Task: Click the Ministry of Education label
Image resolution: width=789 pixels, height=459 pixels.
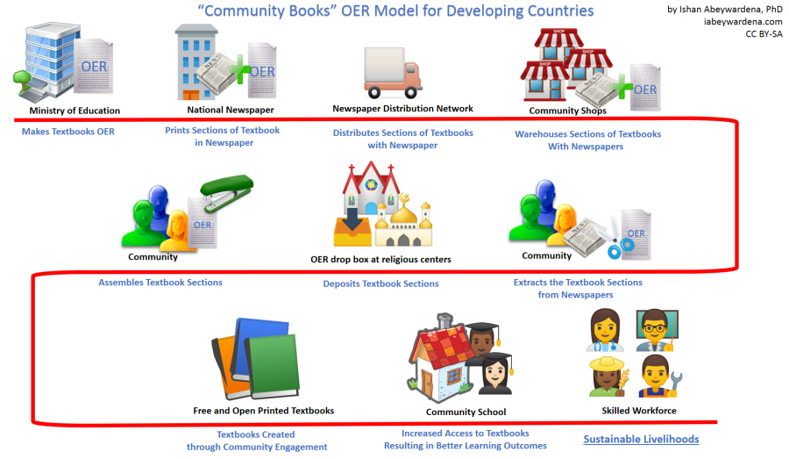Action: pyautogui.click(x=75, y=111)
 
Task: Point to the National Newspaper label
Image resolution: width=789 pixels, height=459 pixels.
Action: pyautogui.click(x=231, y=111)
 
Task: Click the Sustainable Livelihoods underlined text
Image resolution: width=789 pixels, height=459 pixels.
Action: pyautogui.click(x=641, y=439)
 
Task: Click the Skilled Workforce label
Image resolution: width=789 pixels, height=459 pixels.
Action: pyautogui.click(x=638, y=411)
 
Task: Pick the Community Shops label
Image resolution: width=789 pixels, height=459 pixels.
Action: pyautogui.click(x=567, y=111)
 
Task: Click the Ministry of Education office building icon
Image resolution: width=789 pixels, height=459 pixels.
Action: pyautogui.click(x=53, y=62)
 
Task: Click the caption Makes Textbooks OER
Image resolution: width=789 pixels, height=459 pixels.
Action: pyautogui.click(x=68, y=132)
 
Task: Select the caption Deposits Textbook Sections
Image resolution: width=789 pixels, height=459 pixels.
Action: pyautogui.click(x=380, y=283)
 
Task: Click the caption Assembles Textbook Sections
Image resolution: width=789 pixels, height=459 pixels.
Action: pyautogui.click(x=160, y=283)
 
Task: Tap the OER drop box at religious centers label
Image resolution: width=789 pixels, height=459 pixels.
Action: pyautogui.click(x=380, y=260)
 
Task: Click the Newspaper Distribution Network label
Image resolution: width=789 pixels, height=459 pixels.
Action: pyautogui.click(x=402, y=109)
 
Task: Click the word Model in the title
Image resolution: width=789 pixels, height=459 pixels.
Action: pyautogui.click(x=342, y=11)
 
